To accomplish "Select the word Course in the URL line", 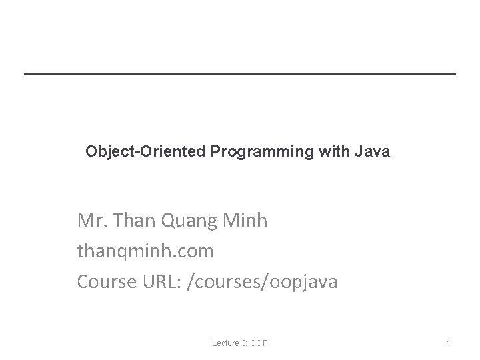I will coord(105,282).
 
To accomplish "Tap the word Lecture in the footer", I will coord(226,343).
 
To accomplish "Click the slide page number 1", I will coord(449,343).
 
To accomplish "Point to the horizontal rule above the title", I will coord(240,73).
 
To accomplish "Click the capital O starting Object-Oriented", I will coord(91,152).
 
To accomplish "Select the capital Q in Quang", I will coord(168,221).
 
